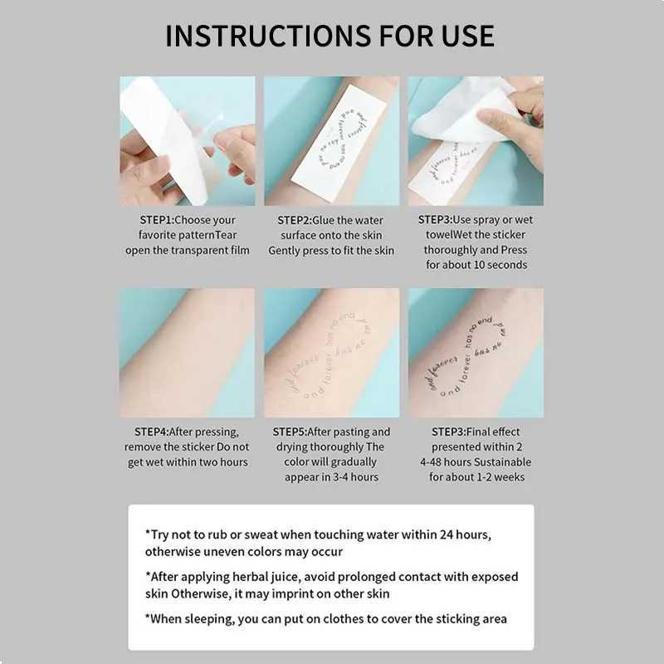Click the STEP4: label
(152, 432)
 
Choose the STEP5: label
(295, 432)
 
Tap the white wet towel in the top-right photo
(465, 116)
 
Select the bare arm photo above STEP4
(187, 353)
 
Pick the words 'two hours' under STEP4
(219, 461)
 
